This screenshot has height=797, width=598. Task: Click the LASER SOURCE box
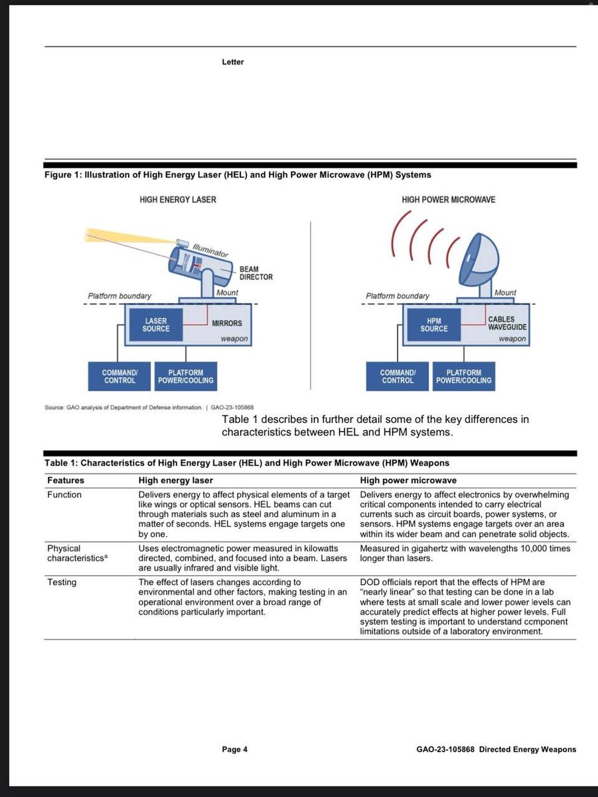156,325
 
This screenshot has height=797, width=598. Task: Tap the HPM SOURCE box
433,325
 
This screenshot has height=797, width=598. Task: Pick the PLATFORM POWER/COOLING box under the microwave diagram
463,377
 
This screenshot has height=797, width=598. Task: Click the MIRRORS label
226,323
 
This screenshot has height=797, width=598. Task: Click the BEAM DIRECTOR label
256,273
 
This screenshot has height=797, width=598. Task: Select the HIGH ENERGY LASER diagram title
177,199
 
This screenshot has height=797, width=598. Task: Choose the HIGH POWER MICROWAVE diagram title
448,199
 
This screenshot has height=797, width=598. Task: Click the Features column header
65,480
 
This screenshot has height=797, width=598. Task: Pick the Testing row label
61,582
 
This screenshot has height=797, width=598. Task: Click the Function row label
64,495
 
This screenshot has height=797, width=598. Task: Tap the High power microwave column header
408,480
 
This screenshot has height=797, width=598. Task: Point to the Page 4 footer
234,750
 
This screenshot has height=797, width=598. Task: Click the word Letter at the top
232,62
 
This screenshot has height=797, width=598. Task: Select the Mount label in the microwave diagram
505,293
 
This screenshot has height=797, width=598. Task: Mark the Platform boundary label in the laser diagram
119,296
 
